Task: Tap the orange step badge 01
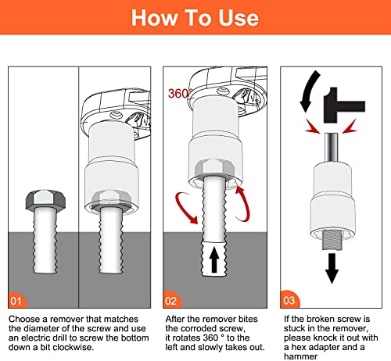(18, 299)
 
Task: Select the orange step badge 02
(172, 299)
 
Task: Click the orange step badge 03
(290, 299)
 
